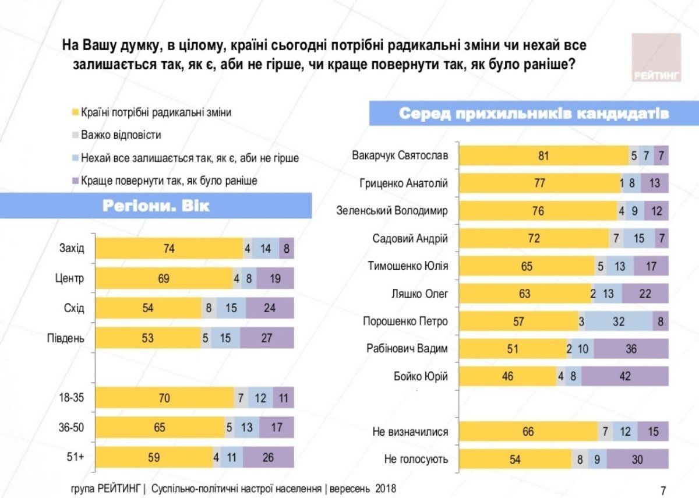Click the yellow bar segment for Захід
pos(169,249)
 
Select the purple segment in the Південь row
pos(267,338)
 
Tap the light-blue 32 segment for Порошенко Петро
pos(619,321)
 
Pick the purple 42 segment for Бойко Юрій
pos(625,376)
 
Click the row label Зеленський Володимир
pos(391,211)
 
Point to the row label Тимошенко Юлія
pos(407,266)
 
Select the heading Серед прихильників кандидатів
pos(533,113)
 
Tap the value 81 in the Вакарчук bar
pos(543,156)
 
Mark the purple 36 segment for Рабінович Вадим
pos(631,349)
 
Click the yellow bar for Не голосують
pos(515,459)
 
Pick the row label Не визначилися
pos(410,432)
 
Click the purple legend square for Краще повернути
pos(75,181)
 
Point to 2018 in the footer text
pos(385,489)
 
